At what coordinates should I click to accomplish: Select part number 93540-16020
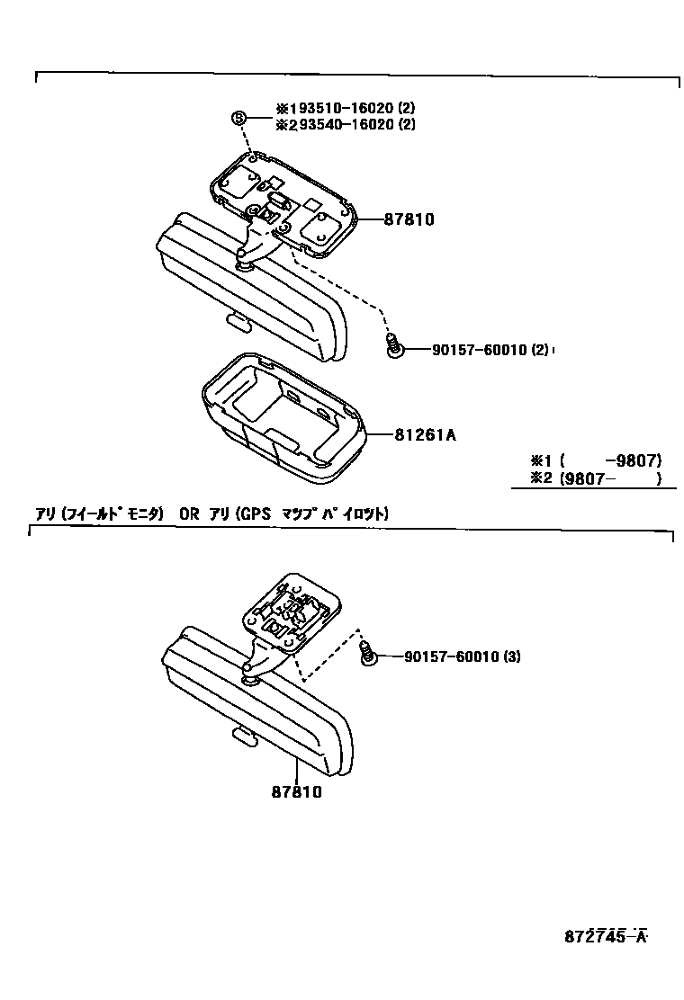[x=340, y=125]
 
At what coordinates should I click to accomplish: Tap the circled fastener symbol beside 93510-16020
[x=239, y=118]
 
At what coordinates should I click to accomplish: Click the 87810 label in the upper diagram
[x=409, y=219]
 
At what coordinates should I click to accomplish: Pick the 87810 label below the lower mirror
[x=296, y=792]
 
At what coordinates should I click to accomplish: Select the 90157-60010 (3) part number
[x=462, y=656]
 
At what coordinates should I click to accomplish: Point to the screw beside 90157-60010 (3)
[x=367, y=654]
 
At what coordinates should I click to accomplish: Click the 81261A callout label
[x=425, y=435]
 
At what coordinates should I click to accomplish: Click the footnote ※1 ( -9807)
[x=595, y=462]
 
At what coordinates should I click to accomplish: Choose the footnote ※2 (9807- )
[x=595, y=479]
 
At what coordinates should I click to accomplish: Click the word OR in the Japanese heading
[x=188, y=514]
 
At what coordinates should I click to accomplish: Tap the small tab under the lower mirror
[x=242, y=736]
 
